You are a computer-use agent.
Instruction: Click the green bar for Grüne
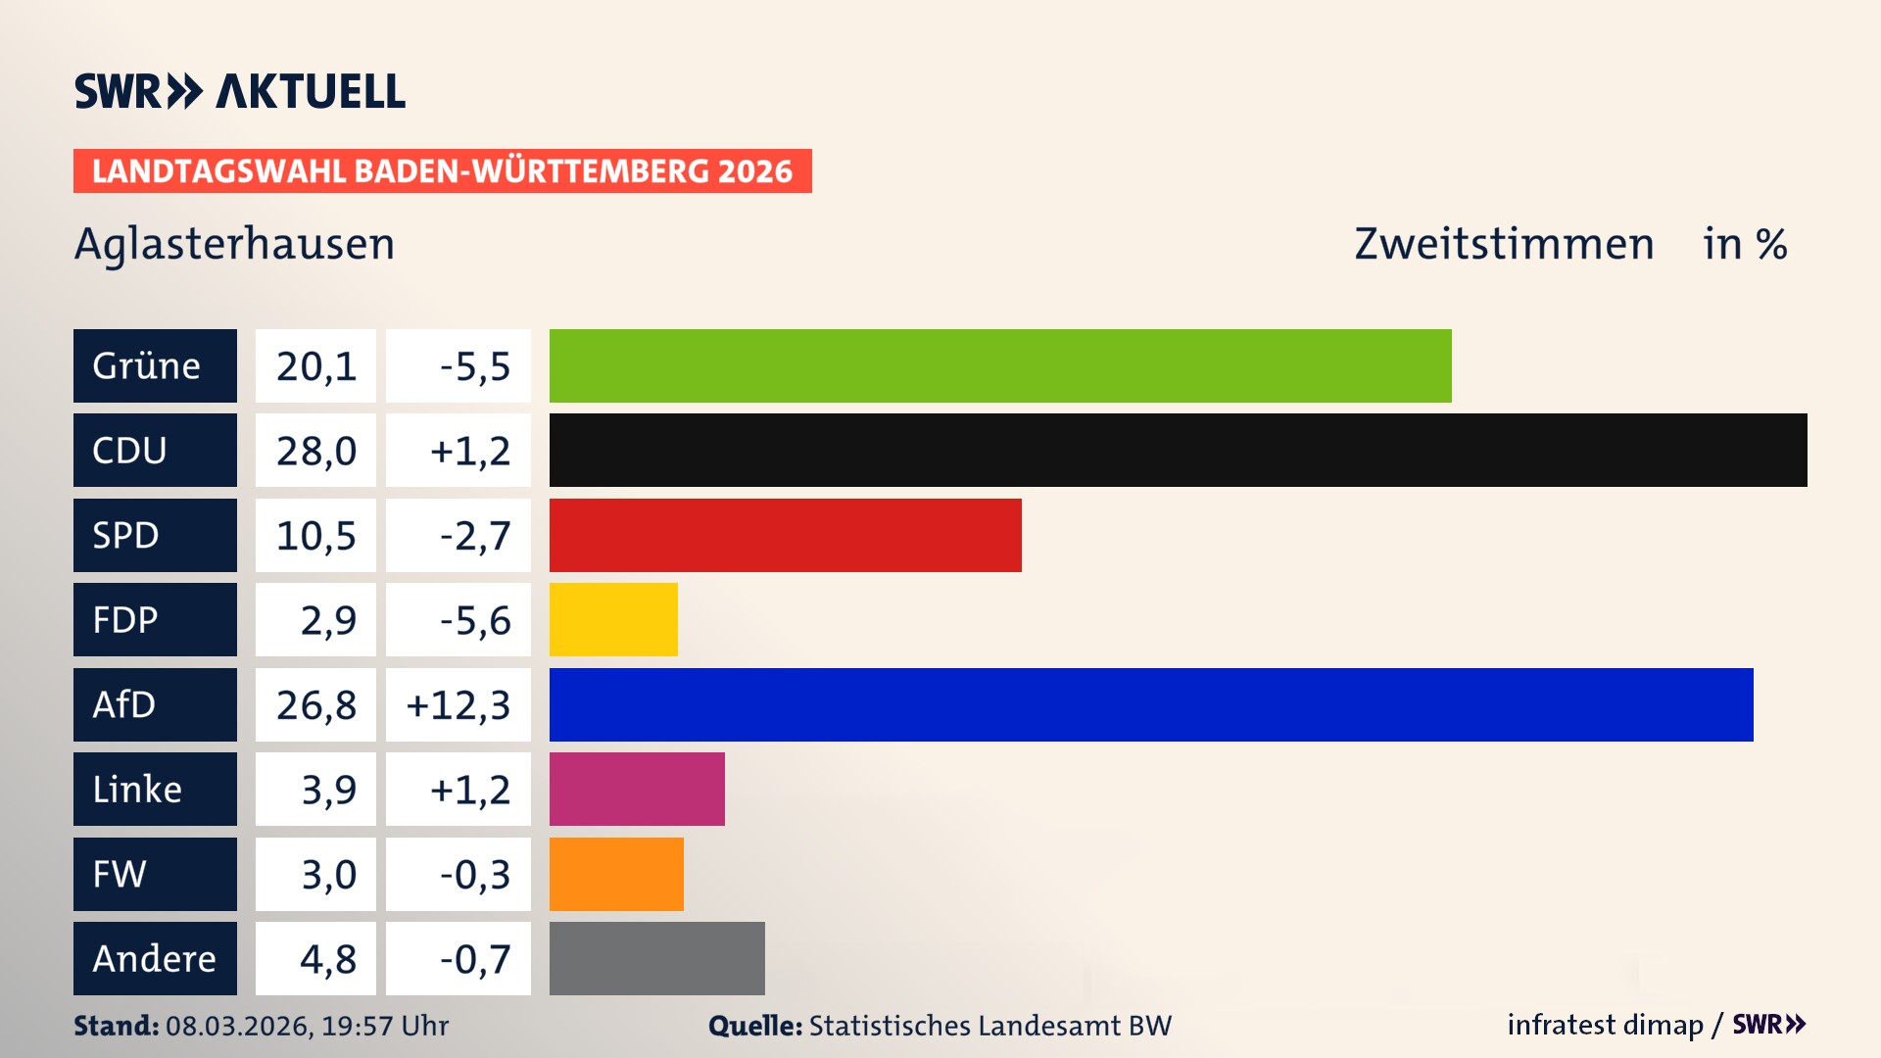tap(999, 365)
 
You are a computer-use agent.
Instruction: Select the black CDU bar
tap(1178, 451)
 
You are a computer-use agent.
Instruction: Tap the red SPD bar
tap(785, 535)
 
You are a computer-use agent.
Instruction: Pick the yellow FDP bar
tap(613, 619)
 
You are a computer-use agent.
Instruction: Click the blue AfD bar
tap(1151, 704)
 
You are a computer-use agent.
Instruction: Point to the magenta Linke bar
tap(637, 789)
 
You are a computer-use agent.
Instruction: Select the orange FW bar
tap(616, 874)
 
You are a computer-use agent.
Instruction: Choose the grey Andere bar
tap(656, 958)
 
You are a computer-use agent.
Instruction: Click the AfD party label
tap(155, 704)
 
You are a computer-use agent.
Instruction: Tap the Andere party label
tap(155, 958)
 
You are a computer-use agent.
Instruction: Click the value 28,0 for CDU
tap(315, 451)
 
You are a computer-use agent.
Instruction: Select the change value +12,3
tap(458, 704)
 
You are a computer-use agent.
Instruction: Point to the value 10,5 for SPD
tap(315, 535)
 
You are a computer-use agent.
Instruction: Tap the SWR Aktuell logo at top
tap(239, 91)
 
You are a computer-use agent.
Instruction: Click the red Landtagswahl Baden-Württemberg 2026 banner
tap(442, 170)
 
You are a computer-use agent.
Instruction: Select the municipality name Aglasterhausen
tap(234, 243)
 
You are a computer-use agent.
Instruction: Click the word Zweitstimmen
tap(1504, 243)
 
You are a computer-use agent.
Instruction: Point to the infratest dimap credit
tap(1605, 1025)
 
